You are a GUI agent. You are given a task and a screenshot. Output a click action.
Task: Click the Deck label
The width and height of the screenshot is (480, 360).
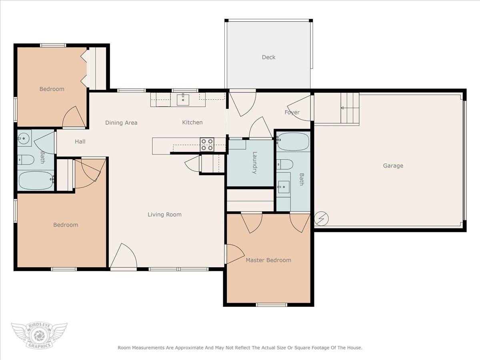tap(268, 57)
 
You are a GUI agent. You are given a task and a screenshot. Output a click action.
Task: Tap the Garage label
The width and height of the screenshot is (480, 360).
tap(393, 166)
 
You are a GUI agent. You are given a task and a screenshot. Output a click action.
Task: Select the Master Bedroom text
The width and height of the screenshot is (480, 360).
tap(268, 260)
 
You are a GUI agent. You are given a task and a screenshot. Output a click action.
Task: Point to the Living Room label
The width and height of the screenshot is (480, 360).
tap(164, 215)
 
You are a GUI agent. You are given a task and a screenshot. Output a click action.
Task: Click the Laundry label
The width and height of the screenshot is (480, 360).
tap(255, 163)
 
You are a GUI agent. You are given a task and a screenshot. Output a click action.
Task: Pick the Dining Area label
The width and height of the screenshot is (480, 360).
tap(121, 123)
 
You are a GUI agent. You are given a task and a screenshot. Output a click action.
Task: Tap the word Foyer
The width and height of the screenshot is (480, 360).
tap(292, 112)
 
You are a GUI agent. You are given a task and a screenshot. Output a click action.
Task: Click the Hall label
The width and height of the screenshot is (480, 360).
tap(80, 142)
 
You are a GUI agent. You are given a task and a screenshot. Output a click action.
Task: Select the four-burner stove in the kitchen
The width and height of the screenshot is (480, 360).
tap(207, 145)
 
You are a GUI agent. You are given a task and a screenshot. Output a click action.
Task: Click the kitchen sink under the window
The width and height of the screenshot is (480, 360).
tap(183, 100)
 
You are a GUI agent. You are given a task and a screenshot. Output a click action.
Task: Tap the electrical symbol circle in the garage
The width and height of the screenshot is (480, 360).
tap(321, 218)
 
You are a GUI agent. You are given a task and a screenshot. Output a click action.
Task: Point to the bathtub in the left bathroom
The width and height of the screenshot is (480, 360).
tap(36, 181)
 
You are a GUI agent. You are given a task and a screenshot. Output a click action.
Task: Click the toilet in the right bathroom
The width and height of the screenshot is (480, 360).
tap(284, 164)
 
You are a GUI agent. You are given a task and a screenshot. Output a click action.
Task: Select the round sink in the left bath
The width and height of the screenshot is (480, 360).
tap(23, 138)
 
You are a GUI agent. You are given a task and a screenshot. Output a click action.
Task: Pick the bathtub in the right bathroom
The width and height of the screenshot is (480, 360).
tap(293, 142)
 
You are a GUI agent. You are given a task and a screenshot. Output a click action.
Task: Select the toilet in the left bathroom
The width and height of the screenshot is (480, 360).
tap(26, 160)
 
